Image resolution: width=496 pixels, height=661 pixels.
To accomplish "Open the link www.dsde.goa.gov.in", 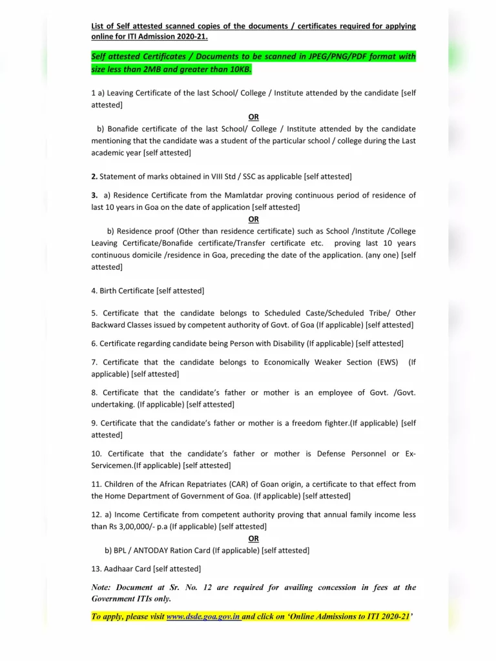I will [x=203, y=616].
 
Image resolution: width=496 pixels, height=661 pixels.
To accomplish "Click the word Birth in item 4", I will [x=110, y=290].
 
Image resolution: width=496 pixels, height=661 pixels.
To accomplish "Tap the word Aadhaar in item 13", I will [x=116, y=569].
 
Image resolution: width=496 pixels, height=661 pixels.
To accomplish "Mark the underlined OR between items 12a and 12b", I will [x=253, y=538].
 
